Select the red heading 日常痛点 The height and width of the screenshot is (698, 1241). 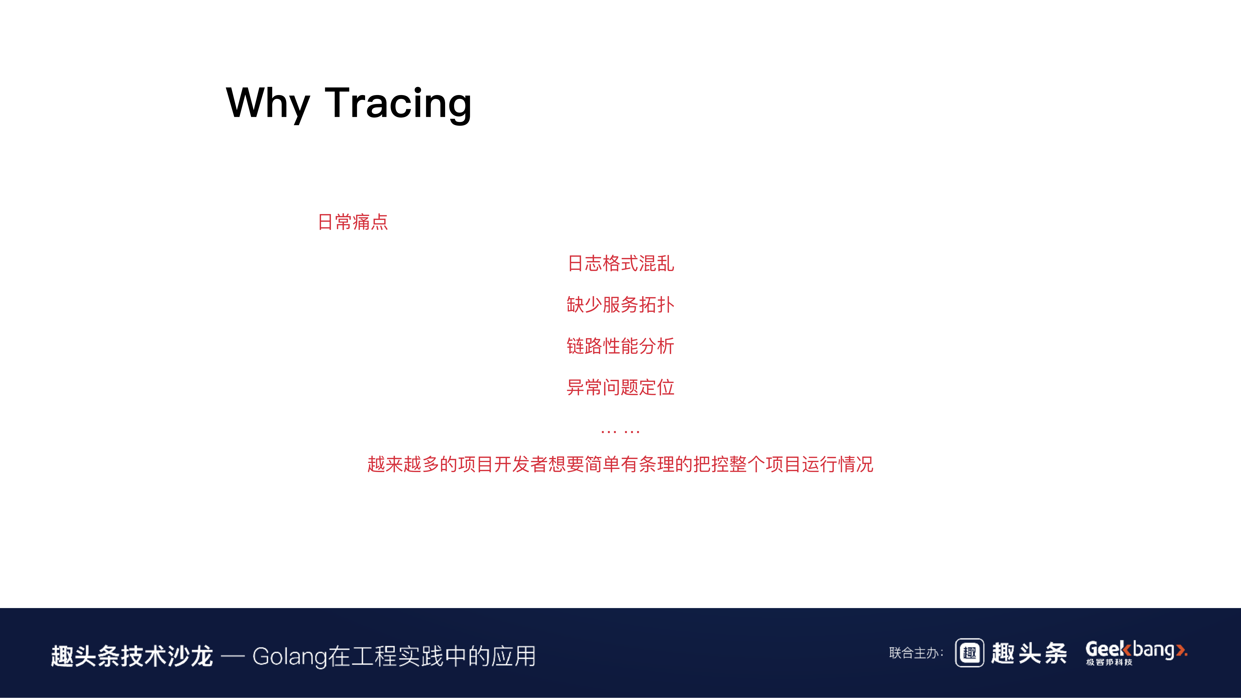coord(353,222)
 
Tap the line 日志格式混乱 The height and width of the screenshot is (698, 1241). coord(621,264)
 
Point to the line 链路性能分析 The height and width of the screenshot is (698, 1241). coord(621,346)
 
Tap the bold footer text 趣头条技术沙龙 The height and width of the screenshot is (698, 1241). coord(132,656)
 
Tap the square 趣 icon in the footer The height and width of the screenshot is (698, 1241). coord(969,653)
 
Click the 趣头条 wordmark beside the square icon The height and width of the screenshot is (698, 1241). coord(1029,653)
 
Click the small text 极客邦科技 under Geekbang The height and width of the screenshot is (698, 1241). coord(1109,662)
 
